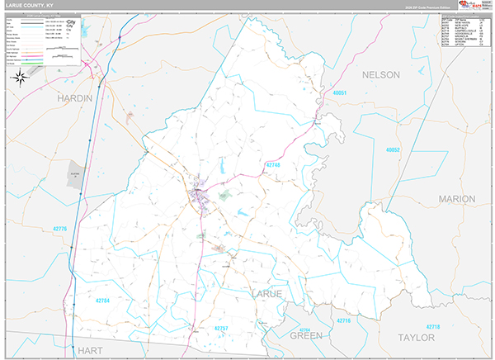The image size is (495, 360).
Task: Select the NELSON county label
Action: tap(380, 75)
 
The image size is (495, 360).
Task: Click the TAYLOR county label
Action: tap(416, 338)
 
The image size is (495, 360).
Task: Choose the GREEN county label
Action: tap(305, 336)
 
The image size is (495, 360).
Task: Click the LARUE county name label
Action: tap(265, 294)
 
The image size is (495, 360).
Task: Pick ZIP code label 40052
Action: tap(393, 149)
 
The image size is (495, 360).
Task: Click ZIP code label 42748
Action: tap(274, 166)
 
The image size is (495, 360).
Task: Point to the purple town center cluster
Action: tap(200, 197)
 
